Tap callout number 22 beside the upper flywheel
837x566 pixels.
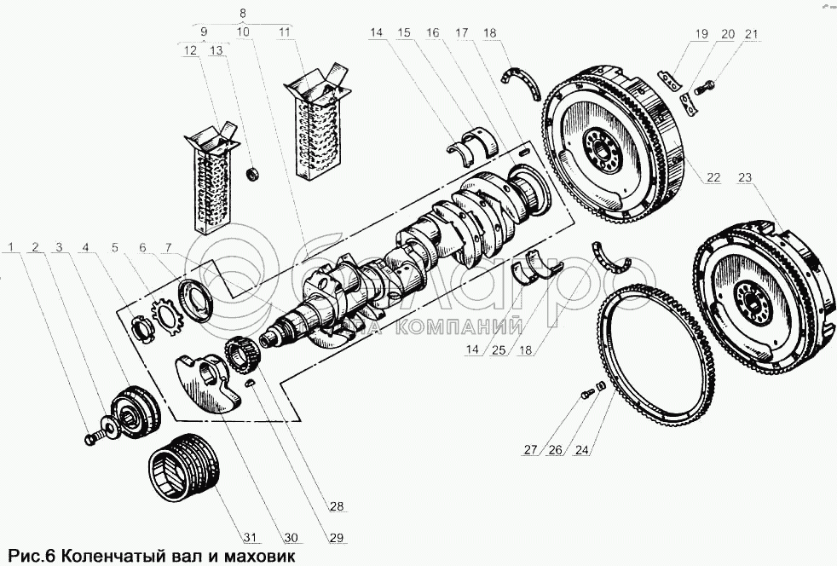pos(713,178)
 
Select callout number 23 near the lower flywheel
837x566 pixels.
pos(746,178)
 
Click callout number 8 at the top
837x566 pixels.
pos(244,14)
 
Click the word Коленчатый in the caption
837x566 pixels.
pos(109,556)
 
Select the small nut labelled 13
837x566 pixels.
pos(252,174)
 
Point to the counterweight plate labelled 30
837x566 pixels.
pos(209,384)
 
